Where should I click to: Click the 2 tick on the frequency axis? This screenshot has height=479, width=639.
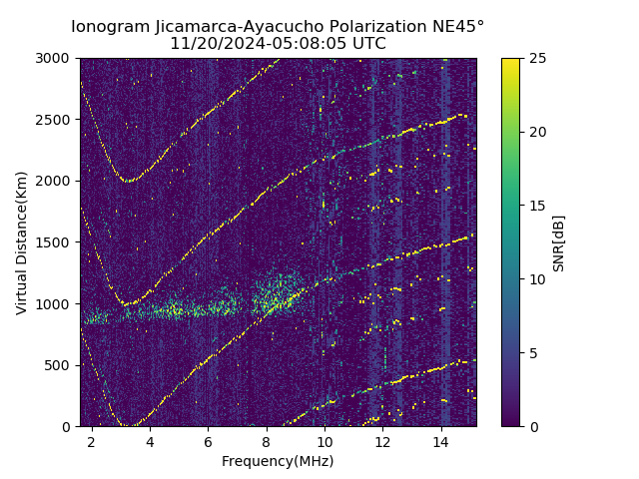[x=92, y=441]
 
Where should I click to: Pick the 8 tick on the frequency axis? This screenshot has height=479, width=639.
[x=267, y=441]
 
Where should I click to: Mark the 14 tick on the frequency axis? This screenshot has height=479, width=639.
[x=441, y=441]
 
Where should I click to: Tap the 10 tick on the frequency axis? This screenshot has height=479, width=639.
[x=324, y=441]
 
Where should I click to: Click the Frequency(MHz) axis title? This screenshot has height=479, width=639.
[x=278, y=461]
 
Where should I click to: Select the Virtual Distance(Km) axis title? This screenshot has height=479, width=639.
[x=22, y=242]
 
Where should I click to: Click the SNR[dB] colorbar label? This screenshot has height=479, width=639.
[x=559, y=242]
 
